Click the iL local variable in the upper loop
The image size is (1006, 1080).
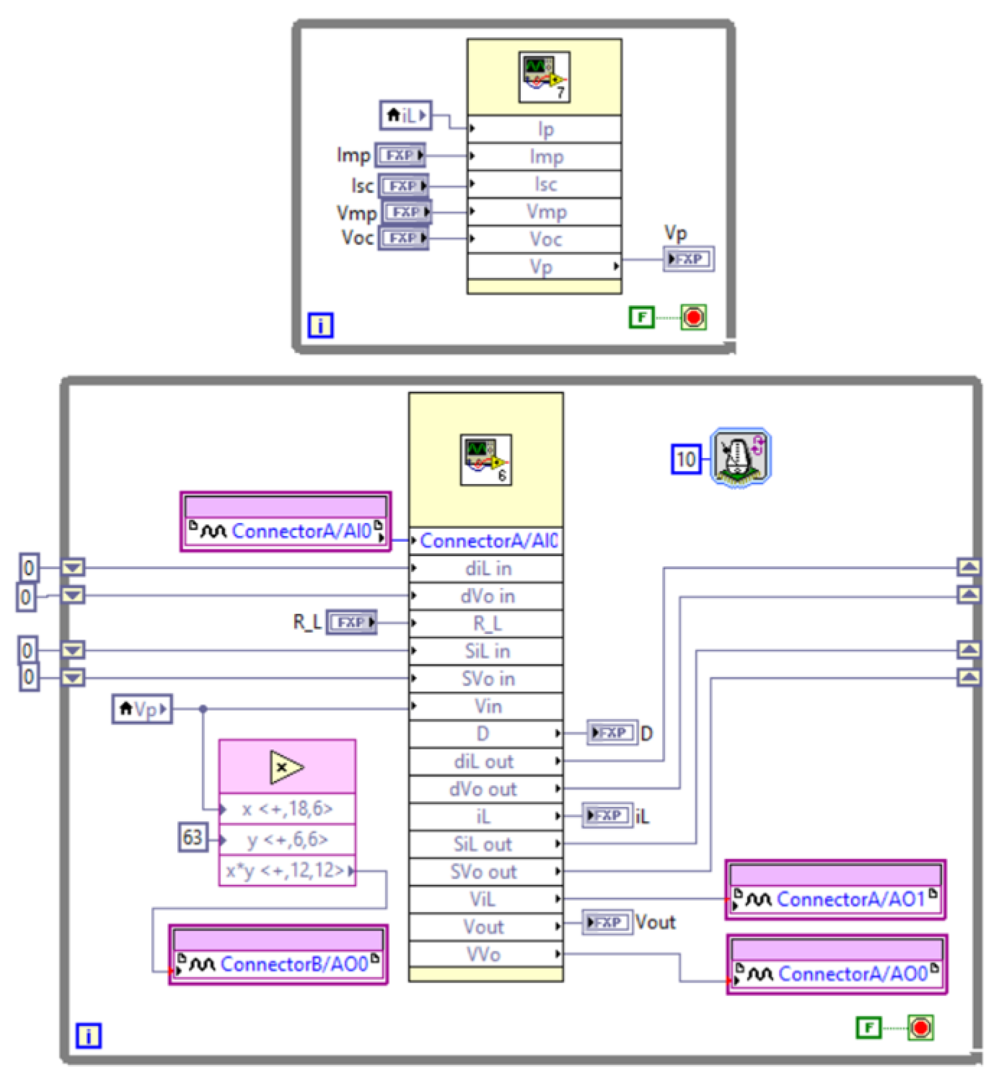click(405, 115)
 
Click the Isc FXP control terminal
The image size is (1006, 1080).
click(403, 186)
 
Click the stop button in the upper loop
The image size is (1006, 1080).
click(693, 317)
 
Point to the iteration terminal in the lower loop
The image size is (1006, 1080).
click(88, 1035)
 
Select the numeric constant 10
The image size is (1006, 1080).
click(685, 459)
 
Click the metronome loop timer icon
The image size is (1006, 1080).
click(740, 457)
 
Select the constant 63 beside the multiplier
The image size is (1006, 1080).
click(193, 837)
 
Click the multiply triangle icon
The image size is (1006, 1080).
click(286, 767)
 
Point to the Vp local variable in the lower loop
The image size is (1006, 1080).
click(142, 709)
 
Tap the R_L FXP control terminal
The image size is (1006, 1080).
click(351, 622)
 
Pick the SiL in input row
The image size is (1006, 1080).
click(486, 650)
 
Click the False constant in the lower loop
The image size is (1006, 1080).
click(868, 1027)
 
